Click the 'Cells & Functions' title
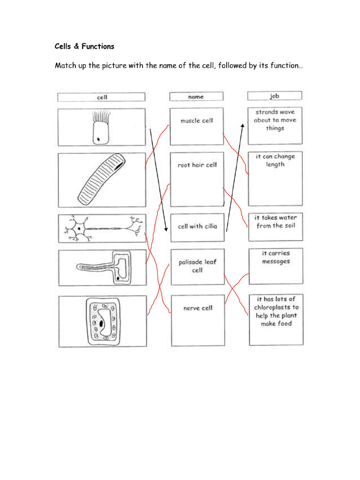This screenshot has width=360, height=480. pos(84,46)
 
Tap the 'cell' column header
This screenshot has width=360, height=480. pos(102,97)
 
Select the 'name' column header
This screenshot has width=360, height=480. pos(196,97)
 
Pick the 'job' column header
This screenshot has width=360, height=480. pos(274,96)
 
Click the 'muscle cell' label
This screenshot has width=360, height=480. pos(197,120)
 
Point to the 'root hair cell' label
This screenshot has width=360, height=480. pos(197,165)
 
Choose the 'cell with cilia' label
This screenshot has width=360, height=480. pos(197,226)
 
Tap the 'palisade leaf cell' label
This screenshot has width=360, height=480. pos(197,266)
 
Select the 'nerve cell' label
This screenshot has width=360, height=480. pos(198,308)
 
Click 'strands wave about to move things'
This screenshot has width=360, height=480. pos(275,120)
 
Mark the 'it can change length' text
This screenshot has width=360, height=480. pos(275,160)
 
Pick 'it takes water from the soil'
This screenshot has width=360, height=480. pos(276,222)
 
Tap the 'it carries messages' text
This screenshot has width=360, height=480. pos(276,257)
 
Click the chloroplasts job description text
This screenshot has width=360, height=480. pos(276,311)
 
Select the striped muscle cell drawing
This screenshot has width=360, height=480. pos(100,180)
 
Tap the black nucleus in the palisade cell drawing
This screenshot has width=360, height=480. pos(101,323)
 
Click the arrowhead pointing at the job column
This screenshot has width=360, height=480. pos(243,125)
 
